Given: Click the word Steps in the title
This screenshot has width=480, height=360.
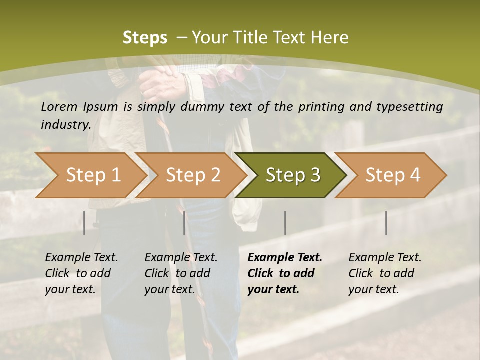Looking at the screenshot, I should (x=145, y=38).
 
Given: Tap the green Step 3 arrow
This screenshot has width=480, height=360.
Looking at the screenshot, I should (x=293, y=175).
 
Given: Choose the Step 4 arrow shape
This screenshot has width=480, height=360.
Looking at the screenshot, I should (x=393, y=175).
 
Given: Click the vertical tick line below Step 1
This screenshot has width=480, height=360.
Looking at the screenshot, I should (x=84, y=223).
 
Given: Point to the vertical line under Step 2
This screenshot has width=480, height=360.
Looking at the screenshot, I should (x=184, y=223).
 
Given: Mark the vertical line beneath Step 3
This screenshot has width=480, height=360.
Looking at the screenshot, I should (x=285, y=223).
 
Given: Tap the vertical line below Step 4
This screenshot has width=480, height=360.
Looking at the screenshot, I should (x=386, y=223).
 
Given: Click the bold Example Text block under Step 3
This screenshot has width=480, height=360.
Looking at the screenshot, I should (x=285, y=273).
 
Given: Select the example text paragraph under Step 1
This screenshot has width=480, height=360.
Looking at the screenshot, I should (x=81, y=273).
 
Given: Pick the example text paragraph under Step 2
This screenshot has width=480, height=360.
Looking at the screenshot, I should (x=181, y=273).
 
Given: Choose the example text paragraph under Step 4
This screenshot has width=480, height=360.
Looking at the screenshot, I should (x=385, y=273).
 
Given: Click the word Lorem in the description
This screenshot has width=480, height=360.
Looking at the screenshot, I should (x=59, y=106).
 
